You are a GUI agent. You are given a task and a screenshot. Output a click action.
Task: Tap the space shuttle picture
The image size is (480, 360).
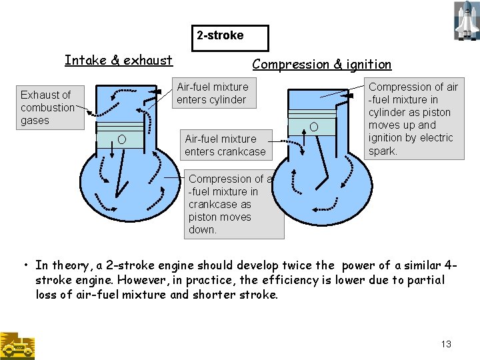[465, 21]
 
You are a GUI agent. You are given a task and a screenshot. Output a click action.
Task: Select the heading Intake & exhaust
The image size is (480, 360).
[119, 61]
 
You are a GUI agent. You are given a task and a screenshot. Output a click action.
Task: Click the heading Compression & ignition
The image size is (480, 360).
[321, 65]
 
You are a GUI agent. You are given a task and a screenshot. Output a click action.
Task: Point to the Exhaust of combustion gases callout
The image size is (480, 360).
[47, 107]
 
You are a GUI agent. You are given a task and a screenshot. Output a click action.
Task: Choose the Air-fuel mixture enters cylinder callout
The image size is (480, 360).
[212, 93]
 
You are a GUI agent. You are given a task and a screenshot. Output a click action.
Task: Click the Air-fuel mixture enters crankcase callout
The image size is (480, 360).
[225, 145]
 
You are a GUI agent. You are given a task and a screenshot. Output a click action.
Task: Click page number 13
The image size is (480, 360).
[446, 344]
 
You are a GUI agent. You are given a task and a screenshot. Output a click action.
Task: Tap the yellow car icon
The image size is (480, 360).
[17, 346]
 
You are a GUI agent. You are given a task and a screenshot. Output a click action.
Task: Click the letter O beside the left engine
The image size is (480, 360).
[121, 139]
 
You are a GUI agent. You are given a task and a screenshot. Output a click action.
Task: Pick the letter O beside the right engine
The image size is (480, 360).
[313, 127]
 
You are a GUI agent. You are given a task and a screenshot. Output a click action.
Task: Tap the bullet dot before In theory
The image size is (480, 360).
[25, 265]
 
